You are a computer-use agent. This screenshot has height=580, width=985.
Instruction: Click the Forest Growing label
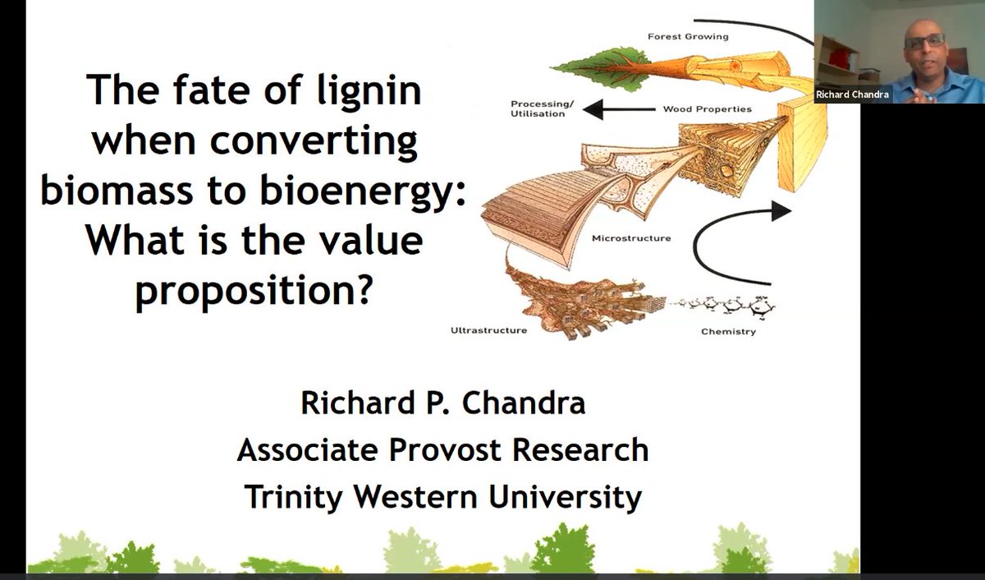click(688, 36)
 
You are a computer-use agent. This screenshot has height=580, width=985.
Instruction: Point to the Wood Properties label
click(707, 108)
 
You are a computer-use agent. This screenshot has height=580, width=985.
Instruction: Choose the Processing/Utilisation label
click(542, 108)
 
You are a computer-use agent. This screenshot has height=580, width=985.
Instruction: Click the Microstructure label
click(631, 238)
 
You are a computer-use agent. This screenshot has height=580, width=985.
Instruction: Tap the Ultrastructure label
click(488, 330)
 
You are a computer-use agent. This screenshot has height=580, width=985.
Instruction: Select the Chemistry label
click(728, 331)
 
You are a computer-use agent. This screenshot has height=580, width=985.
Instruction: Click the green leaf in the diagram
click(601, 70)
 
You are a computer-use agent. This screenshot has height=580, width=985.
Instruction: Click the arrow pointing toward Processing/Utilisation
click(619, 109)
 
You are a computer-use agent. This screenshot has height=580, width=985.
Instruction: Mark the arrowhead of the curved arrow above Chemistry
click(781, 211)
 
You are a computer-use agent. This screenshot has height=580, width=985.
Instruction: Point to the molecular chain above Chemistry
click(722, 305)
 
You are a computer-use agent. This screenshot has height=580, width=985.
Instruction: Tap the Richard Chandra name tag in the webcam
click(852, 94)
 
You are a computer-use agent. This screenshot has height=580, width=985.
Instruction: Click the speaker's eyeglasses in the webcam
click(924, 41)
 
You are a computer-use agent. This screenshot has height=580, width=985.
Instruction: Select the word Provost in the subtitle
click(445, 450)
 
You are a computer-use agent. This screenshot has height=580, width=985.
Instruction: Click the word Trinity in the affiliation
click(294, 497)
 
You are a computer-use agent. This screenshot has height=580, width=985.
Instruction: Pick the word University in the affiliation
click(565, 497)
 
